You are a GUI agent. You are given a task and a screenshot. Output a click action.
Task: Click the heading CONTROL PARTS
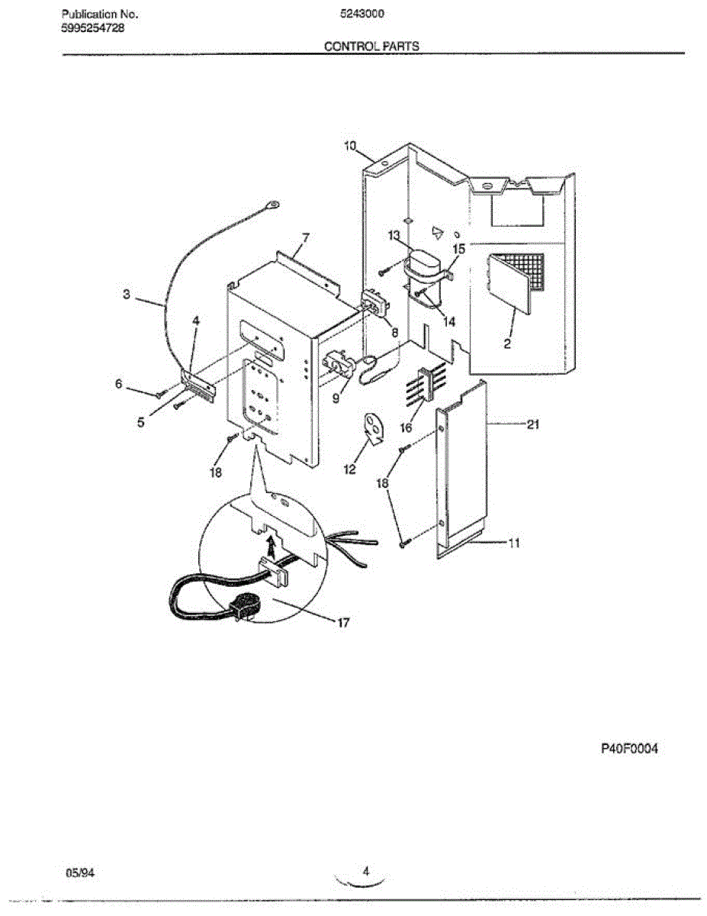click(x=371, y=46)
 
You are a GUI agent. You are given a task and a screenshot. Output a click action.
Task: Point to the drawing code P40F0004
click(x=629, y=749)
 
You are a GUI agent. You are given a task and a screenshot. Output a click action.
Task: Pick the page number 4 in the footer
click(x=365, y=871)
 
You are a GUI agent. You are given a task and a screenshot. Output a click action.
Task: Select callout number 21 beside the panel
click(x=532, y=425)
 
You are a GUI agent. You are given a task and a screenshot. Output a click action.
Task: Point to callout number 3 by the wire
click(x=127, y=293)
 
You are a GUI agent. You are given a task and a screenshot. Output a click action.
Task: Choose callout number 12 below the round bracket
click(x=349, y=470)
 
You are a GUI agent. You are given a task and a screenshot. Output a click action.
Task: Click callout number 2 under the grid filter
click(x=507, y=344)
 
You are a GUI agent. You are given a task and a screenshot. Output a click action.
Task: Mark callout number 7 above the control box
click(x=305, y=237)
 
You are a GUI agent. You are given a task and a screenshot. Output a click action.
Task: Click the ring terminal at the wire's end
click(x=272, y=203)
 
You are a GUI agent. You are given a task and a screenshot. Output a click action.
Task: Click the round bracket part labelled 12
click(x=373, y=429)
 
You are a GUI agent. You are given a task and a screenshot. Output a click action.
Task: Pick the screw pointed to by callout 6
click(x=159, y=395)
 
